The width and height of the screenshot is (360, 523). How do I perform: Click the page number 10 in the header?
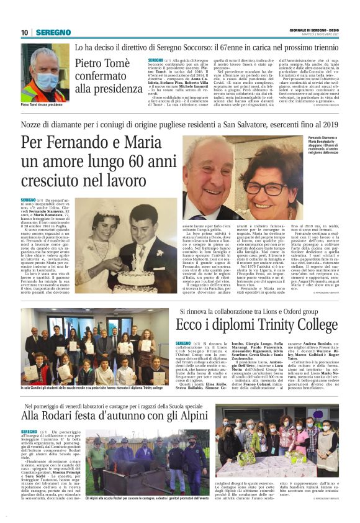pyautogui.click(x=25, y=32)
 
